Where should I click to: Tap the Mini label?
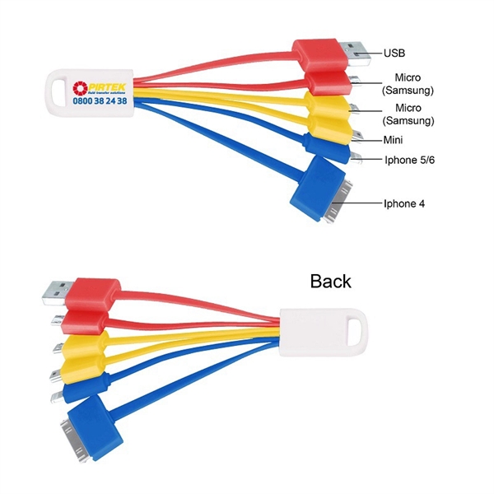[x=394, y=140]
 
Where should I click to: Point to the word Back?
[x=330, y=281]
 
